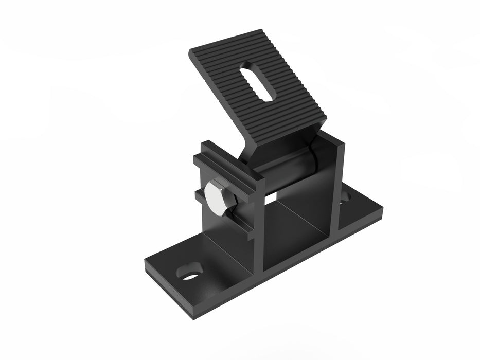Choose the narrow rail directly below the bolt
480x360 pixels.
click(221, 219)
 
